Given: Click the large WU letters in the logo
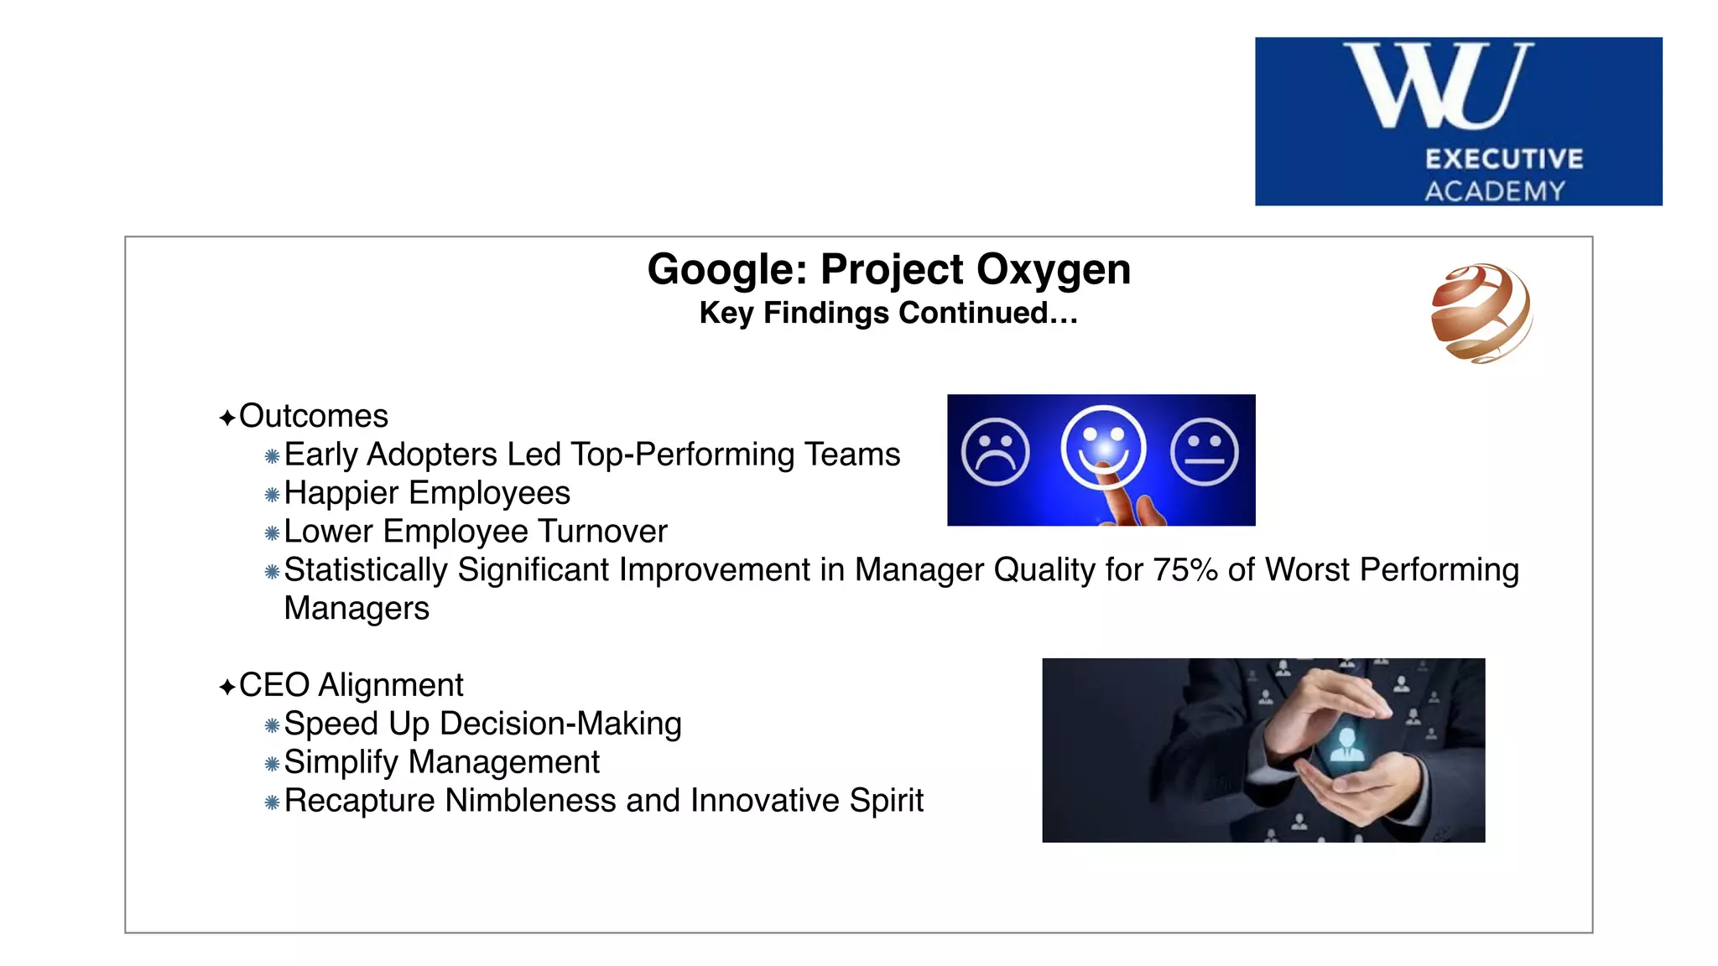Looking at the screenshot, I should [x=1439, y=86].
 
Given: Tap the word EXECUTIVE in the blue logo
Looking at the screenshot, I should [x=1504, y=159].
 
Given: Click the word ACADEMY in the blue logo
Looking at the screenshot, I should [x=1495, y=191].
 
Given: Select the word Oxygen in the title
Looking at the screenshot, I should [x=1053, y=271].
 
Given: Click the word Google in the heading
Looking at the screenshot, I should [x=726, y=271].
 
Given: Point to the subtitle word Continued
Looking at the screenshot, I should [x=987, y=313].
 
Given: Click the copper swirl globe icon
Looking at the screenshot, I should [x=1481, y=313].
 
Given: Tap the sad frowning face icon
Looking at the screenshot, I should [x=996, y=452].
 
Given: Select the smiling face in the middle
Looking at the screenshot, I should [x=1103, y=447].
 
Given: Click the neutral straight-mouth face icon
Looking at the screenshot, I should [x=1204, y=452].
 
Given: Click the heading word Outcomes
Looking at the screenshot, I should [x=314, y=416].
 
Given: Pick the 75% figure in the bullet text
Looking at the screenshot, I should [x=1184, y=570].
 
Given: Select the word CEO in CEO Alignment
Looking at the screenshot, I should [x=274, y=685].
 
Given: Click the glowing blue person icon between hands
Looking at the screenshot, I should [x=1347, y=744].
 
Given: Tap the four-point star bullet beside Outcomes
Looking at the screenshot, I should [x=226, y=418].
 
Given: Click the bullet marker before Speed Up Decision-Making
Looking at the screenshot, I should [x=272, y=725].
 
